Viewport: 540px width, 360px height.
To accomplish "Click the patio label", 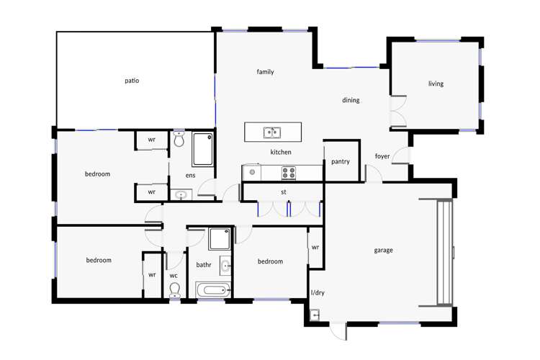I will click(x=131, y=81).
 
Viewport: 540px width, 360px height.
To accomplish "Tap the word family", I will click(x=265, y=72).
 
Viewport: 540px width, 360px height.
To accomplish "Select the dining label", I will click(x=351, y=100).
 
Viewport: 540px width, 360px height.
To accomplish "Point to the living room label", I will click(x=436, y=84).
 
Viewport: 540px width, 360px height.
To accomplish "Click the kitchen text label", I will click(x=280, y=153).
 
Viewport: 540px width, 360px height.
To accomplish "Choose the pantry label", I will click(x=341, y=161).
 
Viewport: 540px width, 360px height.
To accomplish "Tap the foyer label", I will click(x=382, y=156).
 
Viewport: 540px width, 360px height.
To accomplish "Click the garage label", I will click(x=383, y=251).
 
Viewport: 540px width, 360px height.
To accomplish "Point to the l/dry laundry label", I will click(x=318, y=293).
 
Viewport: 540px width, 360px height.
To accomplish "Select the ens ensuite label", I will click(x=190, y=175).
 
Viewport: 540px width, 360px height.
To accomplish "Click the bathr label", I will click(x=204, y=265).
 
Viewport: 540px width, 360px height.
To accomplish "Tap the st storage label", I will click(x=284, y=192).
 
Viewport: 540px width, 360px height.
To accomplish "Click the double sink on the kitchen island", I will click(x=271, y=132).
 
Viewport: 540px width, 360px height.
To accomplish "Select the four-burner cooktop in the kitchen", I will click(x=288, y=172).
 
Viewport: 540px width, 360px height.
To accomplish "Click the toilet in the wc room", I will click(x=174, y=289).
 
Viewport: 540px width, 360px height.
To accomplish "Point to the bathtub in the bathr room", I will click(x=212, y=291).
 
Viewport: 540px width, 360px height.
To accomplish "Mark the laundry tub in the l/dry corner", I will click(x=315, y=315).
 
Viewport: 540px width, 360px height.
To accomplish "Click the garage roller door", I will click(x=445, y=252).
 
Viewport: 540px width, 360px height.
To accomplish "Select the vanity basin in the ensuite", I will click(x=181, y=194).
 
